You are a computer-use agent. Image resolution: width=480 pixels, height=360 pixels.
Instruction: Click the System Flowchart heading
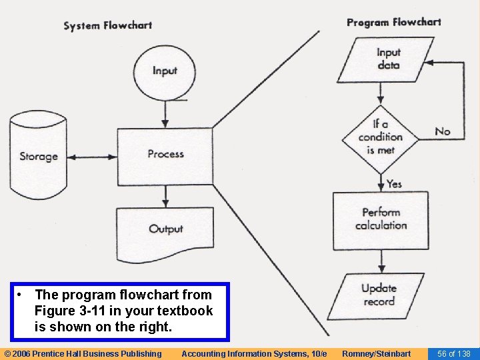click(x=107, y=26)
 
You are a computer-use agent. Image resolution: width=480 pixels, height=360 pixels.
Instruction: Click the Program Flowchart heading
click(x=393, y=22)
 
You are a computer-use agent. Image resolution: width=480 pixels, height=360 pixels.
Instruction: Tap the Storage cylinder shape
click(x=38, y=156)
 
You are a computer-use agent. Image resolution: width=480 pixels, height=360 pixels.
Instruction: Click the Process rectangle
click(x=165, y=155)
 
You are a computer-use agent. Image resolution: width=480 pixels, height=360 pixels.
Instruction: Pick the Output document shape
click(x=165, y=228)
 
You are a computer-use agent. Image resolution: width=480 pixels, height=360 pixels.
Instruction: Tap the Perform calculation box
click(x=381, y=219)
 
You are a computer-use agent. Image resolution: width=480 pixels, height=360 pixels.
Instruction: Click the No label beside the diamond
click(x=443, y=131)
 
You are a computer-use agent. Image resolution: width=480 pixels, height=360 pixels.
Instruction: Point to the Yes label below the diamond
click(x=394, y=183)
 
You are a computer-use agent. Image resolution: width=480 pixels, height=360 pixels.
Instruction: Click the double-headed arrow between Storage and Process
click(x=93, y=157)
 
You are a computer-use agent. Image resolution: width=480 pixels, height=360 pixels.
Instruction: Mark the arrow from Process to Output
click(x=165, y=197)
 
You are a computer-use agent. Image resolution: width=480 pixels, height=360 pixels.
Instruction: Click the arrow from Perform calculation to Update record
click(x=380, y=261)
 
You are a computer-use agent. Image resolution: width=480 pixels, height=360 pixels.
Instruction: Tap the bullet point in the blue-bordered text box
click(x=23, y=295)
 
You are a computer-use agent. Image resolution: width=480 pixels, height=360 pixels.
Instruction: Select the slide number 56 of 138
click(x=453, y=353)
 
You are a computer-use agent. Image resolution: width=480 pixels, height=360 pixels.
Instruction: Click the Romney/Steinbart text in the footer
click(x=376, y=353)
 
